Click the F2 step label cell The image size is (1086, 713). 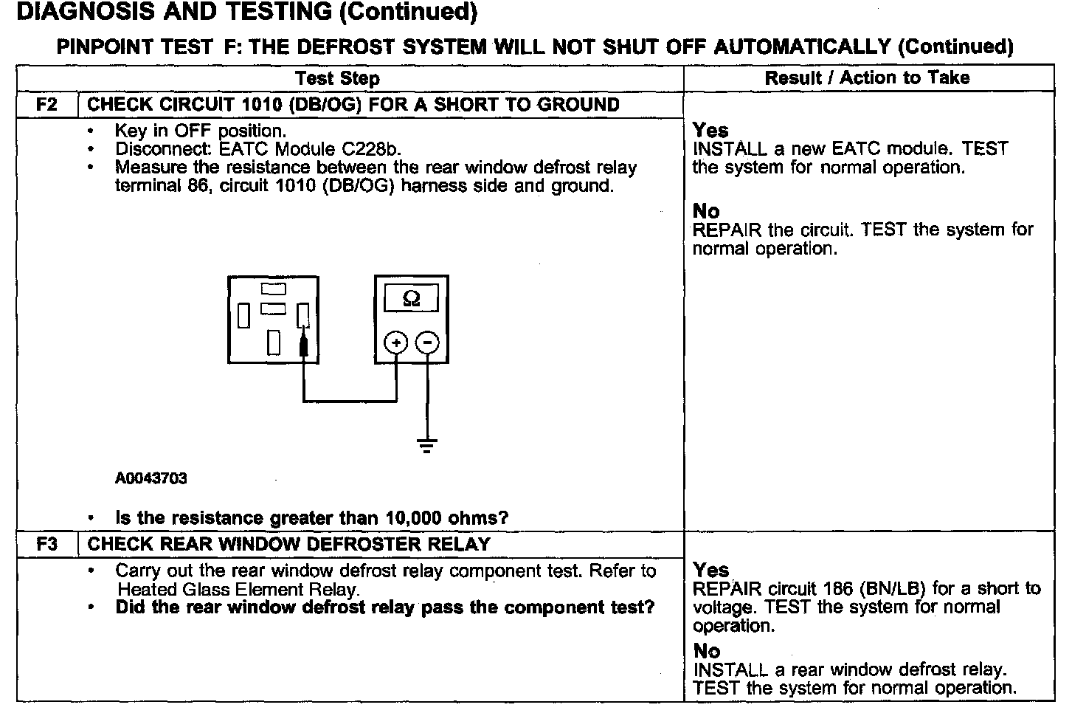pos(46,105)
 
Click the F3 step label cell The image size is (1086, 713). pos(46,545)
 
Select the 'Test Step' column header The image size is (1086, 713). pos(337,78)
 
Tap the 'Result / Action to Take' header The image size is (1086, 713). pos(867,77)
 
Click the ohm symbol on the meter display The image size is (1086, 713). pos(412,299)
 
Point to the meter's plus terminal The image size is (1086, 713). pos(396,342)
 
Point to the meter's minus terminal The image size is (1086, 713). pos(427,342)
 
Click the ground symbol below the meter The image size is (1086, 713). pos(427,444)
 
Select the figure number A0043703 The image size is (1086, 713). pos(151,478)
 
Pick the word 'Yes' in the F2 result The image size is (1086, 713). pos(710,131)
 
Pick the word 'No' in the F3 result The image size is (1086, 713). pos(706,651)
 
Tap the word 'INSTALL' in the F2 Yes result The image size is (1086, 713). pos(730,149)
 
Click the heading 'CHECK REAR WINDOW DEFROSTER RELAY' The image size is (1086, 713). pos(288,545)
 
